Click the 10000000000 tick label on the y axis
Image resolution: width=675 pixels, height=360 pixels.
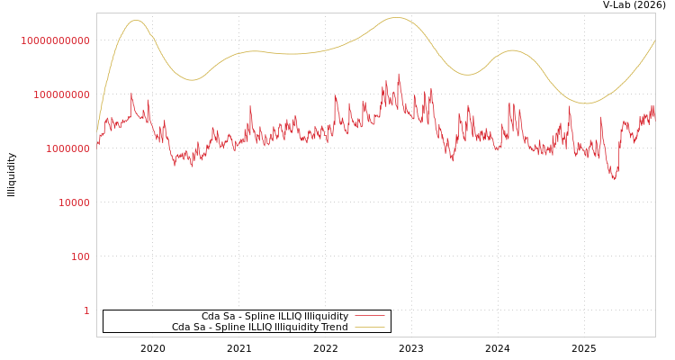55,40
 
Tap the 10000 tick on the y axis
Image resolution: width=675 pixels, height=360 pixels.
74,202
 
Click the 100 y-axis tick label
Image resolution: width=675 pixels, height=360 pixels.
81,256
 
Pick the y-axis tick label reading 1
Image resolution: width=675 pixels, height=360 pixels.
86,310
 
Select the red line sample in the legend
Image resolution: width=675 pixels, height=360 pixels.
369,316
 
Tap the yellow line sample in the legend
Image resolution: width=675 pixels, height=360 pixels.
369,327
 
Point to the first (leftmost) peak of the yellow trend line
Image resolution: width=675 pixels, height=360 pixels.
136,20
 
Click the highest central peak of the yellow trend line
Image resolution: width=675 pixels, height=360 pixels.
396,17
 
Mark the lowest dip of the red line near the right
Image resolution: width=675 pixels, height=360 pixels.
615,179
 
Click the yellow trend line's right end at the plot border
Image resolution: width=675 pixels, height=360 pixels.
654,40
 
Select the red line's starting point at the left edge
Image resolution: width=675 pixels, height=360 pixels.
97,144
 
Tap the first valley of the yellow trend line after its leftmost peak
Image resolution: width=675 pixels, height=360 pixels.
192,80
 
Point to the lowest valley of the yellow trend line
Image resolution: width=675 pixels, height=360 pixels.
586,103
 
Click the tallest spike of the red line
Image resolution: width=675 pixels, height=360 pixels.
399,74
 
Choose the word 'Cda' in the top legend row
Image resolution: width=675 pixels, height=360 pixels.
210,316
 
